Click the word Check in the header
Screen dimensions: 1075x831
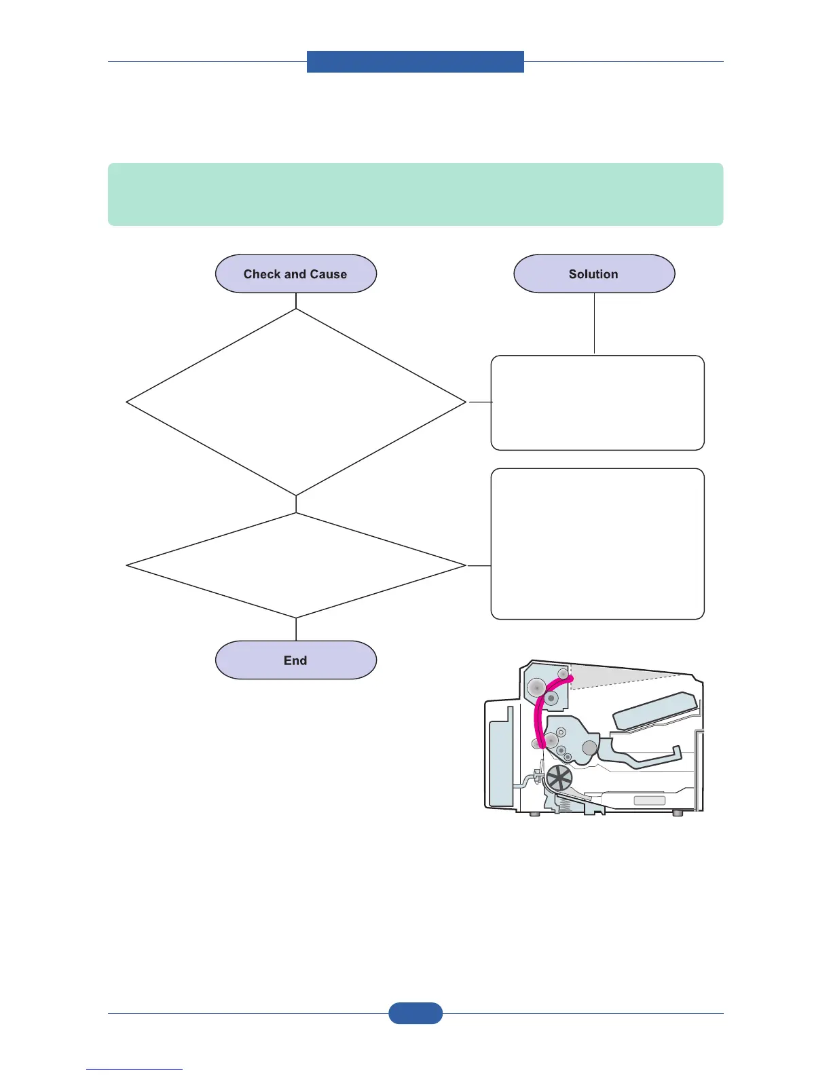pos(261,274)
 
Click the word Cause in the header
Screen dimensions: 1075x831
pos(329,274)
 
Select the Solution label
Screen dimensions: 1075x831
pos(593,274)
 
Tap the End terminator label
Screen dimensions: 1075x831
pos(295,660)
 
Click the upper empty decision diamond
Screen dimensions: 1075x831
pos(296,402)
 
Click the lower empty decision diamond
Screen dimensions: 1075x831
pos(296,565)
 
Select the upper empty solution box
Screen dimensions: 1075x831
pos(597,402)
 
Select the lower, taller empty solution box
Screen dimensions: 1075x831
pos(597,544)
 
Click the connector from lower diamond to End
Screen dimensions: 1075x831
pos(296,629)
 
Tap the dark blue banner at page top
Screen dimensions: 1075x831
pos(415,62)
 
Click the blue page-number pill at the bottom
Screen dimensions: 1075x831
pos(415,1013)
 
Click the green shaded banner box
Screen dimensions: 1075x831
pos(415,194)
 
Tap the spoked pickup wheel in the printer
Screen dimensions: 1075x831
pos(559,778)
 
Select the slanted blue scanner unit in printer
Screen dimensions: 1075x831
pos(654,711)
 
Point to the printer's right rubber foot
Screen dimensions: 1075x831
pos(677,812)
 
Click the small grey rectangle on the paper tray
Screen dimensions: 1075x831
pos(649,801)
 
